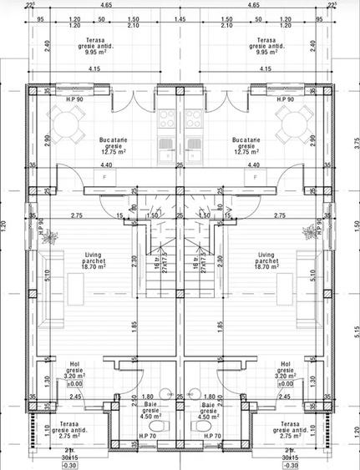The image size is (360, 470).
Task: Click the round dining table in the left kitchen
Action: (69, 124)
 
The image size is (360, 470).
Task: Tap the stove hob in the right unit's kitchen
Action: (197, 118)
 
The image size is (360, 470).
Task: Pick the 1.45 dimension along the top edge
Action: (180, 17)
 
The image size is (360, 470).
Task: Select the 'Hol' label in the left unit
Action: (74, 364)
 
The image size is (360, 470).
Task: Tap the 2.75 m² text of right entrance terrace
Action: (291, 436)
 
